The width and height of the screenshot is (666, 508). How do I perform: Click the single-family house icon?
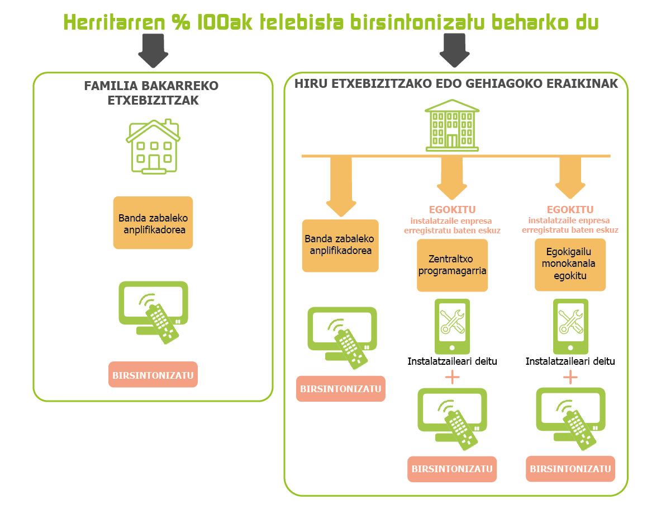tap(153, 147)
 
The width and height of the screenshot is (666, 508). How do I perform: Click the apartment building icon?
tap(452, 125)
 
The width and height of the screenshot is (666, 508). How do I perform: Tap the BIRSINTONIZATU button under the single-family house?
tap(153, 374)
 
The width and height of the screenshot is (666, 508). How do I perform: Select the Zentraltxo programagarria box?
tap(452, 265)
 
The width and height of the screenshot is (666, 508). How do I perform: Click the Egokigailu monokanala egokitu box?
tap(570, 265)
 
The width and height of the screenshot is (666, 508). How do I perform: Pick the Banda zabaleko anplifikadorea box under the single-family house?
tap(153, 223)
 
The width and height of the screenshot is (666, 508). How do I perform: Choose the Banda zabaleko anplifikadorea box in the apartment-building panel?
tap(340, 246)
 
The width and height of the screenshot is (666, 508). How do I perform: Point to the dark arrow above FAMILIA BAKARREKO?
tap(153, 50)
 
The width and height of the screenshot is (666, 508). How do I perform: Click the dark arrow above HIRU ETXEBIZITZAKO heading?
tap(454, 50)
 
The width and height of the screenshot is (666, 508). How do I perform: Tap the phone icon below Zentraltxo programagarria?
tap(452, 326)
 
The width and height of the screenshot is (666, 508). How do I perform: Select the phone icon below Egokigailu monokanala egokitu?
tap(570, 326)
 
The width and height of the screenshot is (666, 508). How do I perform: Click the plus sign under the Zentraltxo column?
tap(453, 377)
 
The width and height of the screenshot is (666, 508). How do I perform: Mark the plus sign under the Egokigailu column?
tap(570, 377)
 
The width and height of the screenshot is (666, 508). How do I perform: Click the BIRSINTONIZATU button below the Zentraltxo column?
tap(452, 469)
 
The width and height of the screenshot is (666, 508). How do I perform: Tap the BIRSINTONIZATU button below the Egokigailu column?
tap(570, 469)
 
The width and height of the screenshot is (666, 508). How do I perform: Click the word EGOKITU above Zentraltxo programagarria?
tap(453, 210)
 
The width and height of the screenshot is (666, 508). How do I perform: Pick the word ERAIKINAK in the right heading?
tap(582, 83)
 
